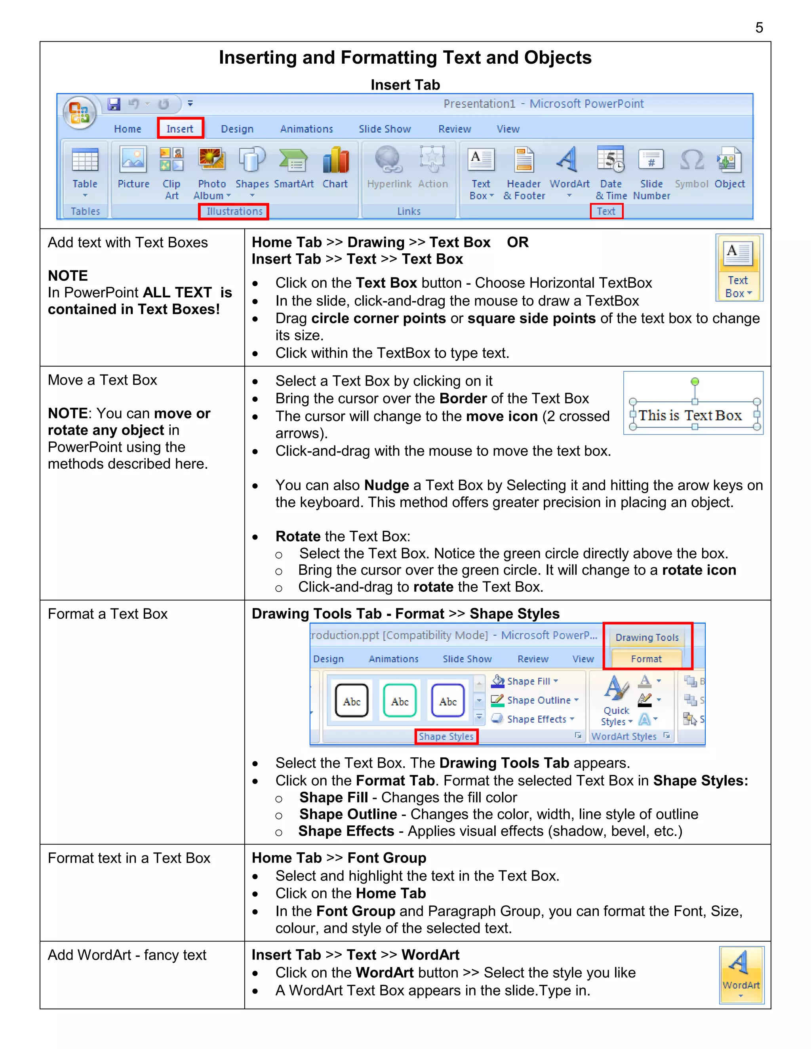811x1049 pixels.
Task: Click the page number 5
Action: coord(759,28)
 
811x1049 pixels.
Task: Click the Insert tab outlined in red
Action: coord(180,128)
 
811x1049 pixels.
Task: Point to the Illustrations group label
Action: coord(234,211)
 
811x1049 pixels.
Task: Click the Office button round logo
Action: coord(79,113)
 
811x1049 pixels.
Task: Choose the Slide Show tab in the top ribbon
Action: coord(385,129)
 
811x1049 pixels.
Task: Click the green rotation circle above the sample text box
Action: coord(694,381)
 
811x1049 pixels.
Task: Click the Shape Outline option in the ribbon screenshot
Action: coord(538,700)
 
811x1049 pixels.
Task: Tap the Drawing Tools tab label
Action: coord(647,637)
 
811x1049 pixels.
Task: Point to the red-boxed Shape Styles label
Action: coord(446,736)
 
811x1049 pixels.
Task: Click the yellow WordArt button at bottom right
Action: coord(741,975)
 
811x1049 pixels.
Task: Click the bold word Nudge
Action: coord(386,485)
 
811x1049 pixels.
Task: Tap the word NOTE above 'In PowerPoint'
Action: coord(68,276)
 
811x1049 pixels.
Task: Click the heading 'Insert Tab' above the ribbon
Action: coord(405,85)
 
